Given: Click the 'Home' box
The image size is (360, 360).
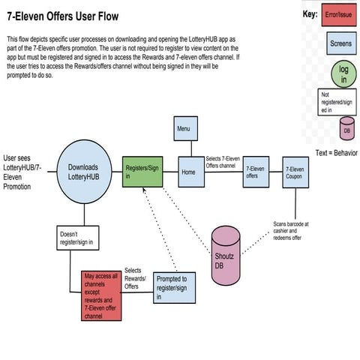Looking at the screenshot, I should pyautogui.click(x=187, y=172).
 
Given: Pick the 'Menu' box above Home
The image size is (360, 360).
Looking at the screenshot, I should pyautogui.click(x=184, y=128).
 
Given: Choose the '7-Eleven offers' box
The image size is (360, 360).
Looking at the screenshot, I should pyautogui.click(x=256, y=172).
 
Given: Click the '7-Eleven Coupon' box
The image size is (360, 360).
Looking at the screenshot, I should pyautogui.click(x=295, y=172).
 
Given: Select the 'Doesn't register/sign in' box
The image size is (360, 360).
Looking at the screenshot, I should pyautogui.click(x=77, y=238).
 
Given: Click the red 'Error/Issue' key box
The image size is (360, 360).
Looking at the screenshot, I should pyautogui.click(x=340, y=15).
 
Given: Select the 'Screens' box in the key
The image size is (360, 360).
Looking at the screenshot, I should pyautogui.click(x=340, y=44).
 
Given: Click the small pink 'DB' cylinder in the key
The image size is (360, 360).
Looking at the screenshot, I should pyautogui.click(x=346, y=128).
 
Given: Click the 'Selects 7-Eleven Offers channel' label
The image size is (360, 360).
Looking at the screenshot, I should pyautogui.click(x=226, y=161).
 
